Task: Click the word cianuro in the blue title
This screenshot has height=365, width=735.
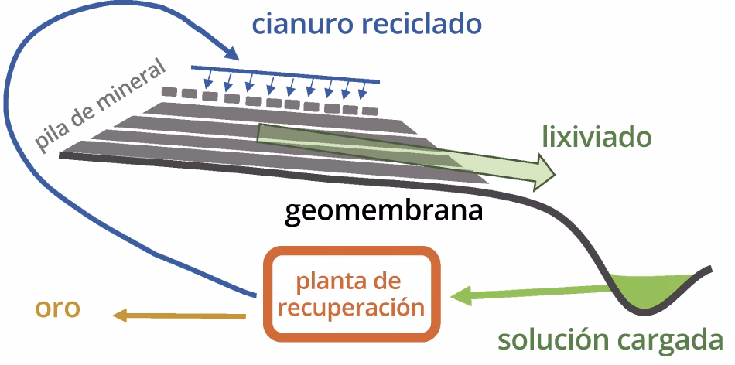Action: pyautogui.click(x=303, y=25)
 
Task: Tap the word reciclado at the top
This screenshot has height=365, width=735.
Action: pyautogui.click(x=419, y=25)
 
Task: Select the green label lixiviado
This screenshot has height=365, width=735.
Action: pyautogui.click(x=597, y=138)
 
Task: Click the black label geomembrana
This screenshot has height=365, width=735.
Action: pyautogui.click(x=385, y=210)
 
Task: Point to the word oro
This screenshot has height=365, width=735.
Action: pyautogui.click(x=57, y=308)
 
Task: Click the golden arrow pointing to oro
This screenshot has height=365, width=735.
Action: pyautogui.click(x=178, y=315)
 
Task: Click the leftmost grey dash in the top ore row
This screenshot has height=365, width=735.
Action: pyautogui.click(x=170, y=91)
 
